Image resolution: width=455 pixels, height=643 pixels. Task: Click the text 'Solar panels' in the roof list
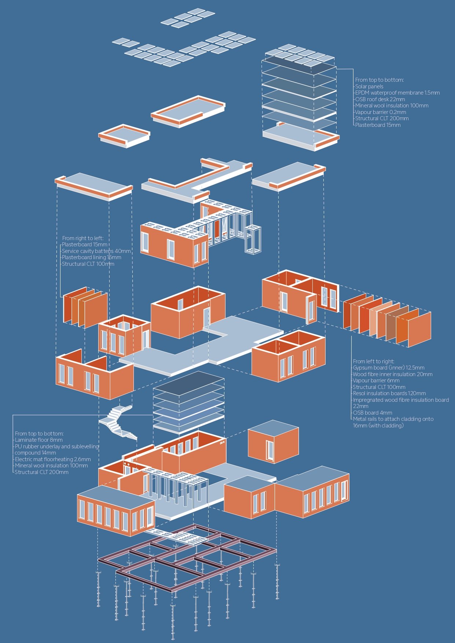click(x=369, y=87)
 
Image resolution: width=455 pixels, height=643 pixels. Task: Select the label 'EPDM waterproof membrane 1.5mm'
click(x=397, y=93)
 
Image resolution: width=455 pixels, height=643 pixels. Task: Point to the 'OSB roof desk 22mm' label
click(x=380, y=99)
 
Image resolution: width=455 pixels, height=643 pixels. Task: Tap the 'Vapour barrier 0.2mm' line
click(x=381, y=112)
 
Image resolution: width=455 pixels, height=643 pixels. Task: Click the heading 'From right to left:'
click(x=83, y=238)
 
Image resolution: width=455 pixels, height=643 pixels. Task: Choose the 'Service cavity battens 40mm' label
click(x=96, y=251)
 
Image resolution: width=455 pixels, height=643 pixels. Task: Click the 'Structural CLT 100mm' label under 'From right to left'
click(x=88, y=264)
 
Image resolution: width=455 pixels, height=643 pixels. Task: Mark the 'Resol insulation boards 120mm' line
click(x=389, y=393)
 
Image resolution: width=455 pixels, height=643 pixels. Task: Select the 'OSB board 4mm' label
click(x=373, y=413)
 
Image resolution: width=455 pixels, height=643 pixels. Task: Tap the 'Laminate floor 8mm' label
click(x=39, y=440)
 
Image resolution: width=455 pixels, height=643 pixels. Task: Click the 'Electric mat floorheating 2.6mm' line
click(x=53, y=459)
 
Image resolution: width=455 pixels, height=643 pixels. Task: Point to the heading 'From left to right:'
click(x=374, y=361)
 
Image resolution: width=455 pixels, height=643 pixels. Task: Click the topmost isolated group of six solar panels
click(x=188, y=18)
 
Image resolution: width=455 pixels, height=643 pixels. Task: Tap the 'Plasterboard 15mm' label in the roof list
click(x=378, y=125)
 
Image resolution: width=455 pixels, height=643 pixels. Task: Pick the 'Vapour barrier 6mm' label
click(x=376, y=381)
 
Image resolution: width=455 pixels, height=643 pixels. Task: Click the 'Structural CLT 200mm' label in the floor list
click(x=41, y=472)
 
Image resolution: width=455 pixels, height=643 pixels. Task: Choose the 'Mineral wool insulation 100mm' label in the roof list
click(x=392, y=106)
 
